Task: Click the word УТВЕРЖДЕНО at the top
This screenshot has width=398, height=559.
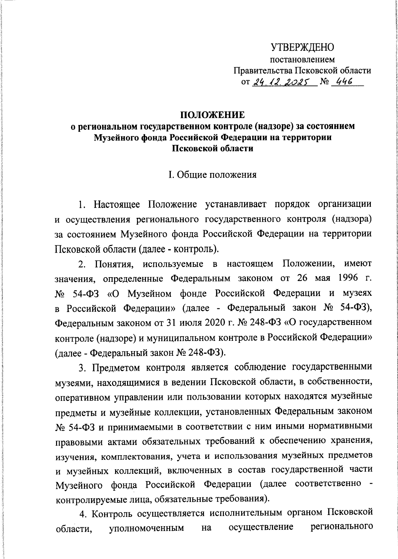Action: pyautogui.click(x=302, y=47)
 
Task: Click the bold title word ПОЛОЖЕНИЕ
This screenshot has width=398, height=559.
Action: pyautogui.click(x=212, y=115)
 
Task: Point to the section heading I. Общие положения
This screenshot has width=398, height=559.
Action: pyautogui.click(x=212, y=174)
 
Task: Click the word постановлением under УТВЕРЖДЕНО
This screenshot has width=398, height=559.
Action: pyautogui.click(x=302, y=60)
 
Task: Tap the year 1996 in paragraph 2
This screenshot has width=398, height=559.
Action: pyautogui.click(x=347, y=278)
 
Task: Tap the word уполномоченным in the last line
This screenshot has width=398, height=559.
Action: pyautogui.click(x=146, y=527)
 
